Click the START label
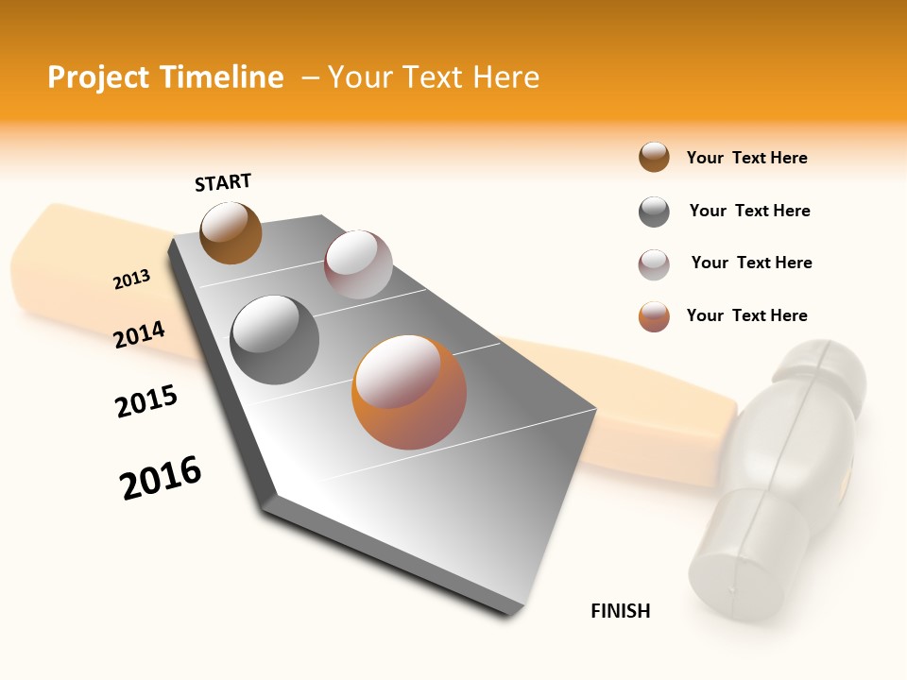coord(223,182)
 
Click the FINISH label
coord(621,611)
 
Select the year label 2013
coord(131,280)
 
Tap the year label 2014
coord(139,334)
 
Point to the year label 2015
coord(146,401)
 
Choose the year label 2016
coord(161,478)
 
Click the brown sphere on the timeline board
coord(231,232)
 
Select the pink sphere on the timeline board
coord(358,264)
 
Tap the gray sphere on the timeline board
coord(275,340)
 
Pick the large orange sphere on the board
coord(409,392)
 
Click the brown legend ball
coord(654,158)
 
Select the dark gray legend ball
coord(654,212)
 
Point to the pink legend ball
coord(654,264)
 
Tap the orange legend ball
coord(654,316)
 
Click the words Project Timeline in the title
coord(165,77)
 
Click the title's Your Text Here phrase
coord(433,77)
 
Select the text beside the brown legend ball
coord(746,158)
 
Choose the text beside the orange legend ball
coord(746,315)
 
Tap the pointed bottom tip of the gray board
coord(510,612)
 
